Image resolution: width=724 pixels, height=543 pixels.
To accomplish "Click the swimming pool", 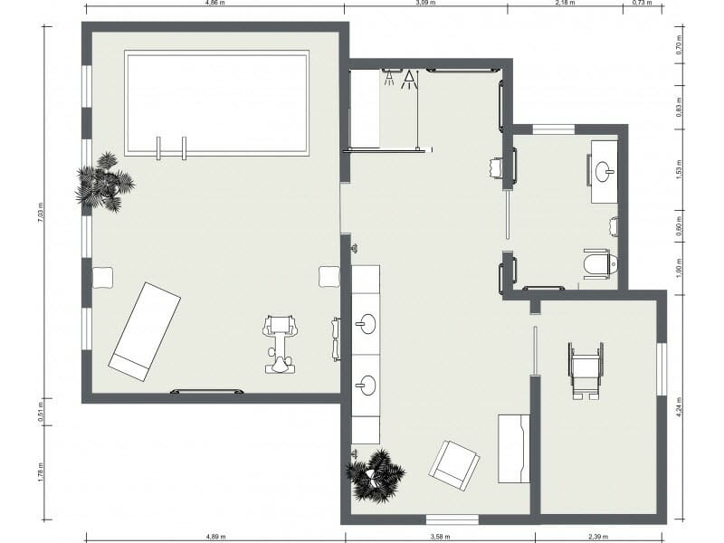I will tap(217, 101).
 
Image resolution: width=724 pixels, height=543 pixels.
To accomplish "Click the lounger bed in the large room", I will tap(144, 329).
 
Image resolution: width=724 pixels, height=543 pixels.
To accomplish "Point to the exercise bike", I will tap(281, 343).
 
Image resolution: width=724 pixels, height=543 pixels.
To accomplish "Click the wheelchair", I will tap(584, 368).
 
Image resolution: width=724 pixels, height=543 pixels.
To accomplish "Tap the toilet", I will tap(601, 264).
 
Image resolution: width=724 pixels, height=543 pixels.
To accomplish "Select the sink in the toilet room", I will tap(605, 170).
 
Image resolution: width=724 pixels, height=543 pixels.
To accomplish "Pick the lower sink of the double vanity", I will tap(366, 386).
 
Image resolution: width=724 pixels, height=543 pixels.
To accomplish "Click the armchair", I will tap(454, 464).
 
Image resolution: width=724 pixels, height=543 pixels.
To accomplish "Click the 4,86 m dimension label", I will tap(214, 4).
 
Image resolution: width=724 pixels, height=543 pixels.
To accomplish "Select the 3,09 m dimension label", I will tap(425, 4).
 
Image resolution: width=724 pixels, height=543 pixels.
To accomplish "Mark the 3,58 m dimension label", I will tap(442, 538).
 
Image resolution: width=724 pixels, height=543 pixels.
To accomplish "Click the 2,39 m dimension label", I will tap(597, 538).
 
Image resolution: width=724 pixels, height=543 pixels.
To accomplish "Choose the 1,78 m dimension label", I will tap(41, 471).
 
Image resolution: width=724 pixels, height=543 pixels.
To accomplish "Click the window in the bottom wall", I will tap(452, 519).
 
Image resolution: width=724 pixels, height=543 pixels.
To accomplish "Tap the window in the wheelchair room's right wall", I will tap(662, 369).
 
